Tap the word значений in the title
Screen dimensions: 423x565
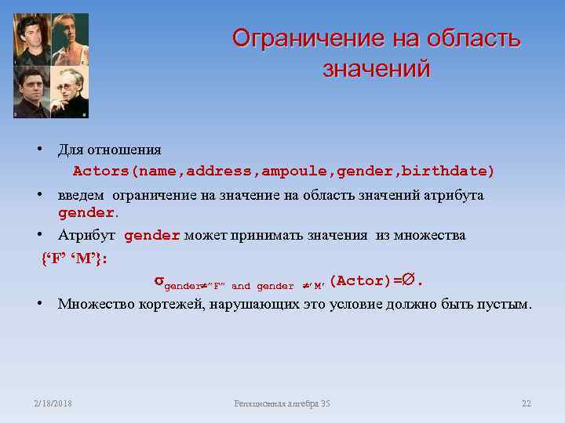click(376, 69)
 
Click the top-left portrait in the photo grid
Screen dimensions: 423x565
click(32, 39)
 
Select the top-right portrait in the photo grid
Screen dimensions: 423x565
click(70, 39)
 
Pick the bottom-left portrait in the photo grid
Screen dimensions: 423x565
click(32, 92)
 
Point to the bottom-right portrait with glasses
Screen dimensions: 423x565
click(70, 92)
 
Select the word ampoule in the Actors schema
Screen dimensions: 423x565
click(297, 171)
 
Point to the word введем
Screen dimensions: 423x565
click(82, 195)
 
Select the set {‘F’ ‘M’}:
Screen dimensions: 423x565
click(75, 259)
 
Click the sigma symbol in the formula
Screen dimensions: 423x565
click(158, 281)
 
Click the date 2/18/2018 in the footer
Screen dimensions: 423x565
click(53, 403)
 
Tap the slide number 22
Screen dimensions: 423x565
click(526, 403)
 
